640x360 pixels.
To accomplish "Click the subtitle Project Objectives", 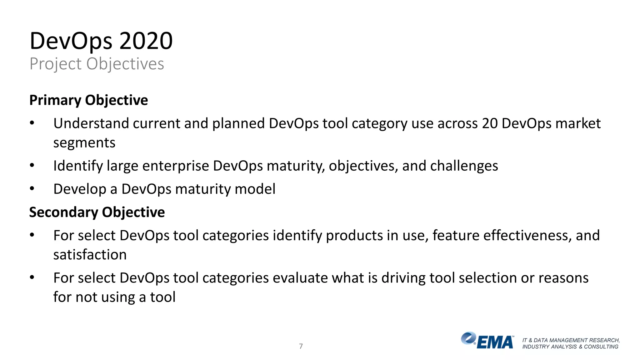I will tap(97, 64).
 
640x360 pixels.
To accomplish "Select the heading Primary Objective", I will tap(88, 100).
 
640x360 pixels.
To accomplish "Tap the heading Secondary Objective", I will tap(97, 212).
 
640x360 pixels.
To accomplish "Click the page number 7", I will tap(301, 346).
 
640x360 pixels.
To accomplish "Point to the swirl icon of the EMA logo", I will tap(468, 338).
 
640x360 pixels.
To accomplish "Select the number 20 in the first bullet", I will tap(490, 123).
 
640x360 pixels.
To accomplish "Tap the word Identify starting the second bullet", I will tap(78, 166).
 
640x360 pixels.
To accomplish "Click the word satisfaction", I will tap(90, 255).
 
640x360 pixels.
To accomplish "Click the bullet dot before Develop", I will tap(32, 189).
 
